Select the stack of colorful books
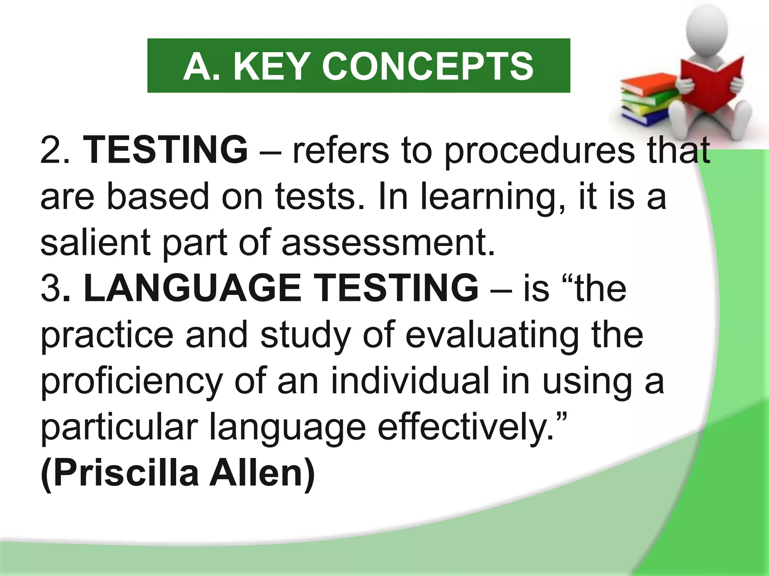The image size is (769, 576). (646, 101)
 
